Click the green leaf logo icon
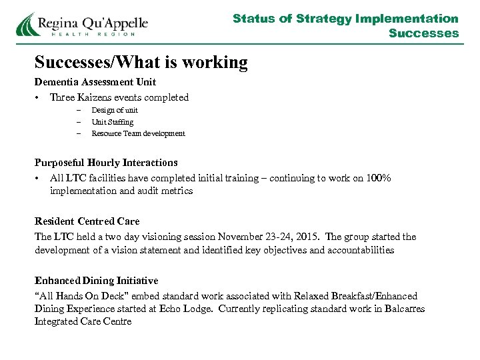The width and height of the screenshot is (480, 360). [x=27, y=25]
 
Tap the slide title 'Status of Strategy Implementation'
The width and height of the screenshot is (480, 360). [x=345, y=19]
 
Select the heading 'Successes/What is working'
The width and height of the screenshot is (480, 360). [x=141, y=63]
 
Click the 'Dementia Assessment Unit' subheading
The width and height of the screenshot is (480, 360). [x=95, y=82]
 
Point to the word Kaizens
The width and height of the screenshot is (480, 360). [x=99, y=97]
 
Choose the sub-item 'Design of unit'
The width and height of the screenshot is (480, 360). [x=115, y=110]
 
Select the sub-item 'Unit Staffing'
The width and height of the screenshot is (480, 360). [x=112, y=122]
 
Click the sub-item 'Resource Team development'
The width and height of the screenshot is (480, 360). [x=138, y=133]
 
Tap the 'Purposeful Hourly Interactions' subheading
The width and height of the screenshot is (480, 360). [x=106, y=163]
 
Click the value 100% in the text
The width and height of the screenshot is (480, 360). [x=379, y=178]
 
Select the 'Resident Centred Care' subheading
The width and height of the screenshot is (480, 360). [x=87, y=221]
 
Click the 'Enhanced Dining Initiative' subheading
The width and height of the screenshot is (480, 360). [x=97, y=281]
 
